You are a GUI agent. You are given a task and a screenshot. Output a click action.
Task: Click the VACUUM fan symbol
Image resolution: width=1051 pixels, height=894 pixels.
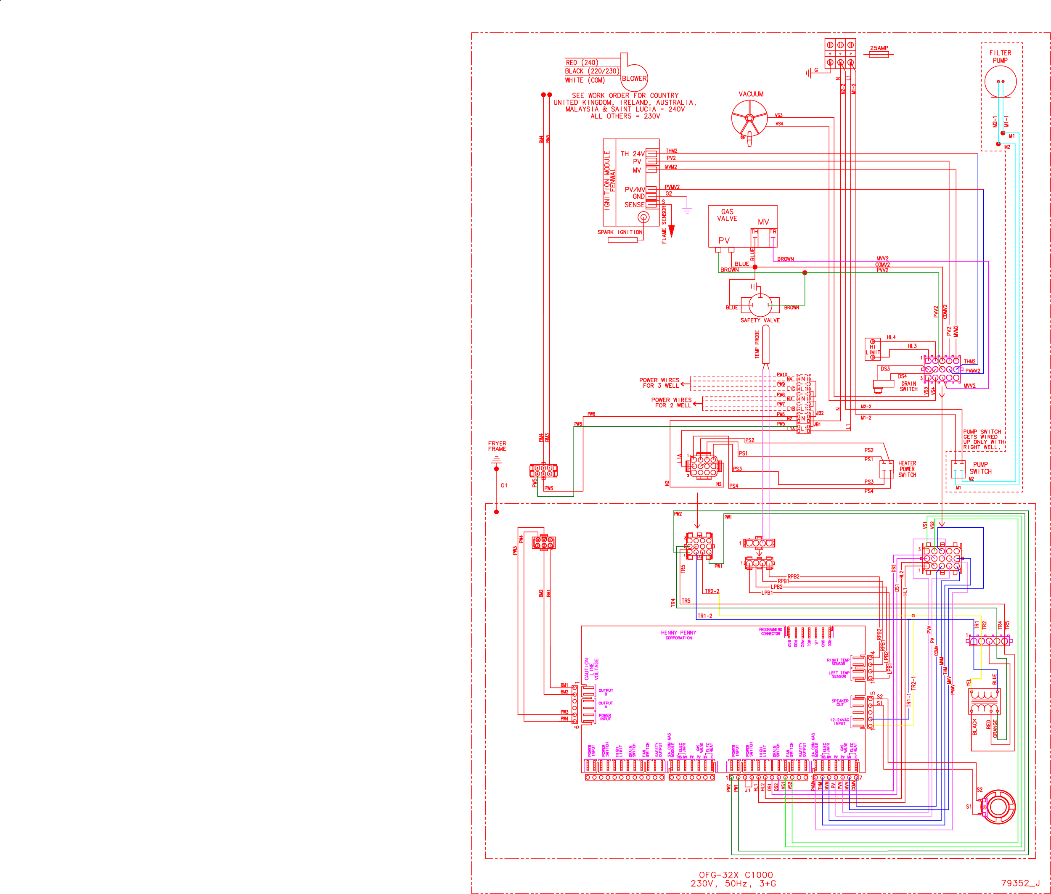pyautogui.click(x=749, y=118)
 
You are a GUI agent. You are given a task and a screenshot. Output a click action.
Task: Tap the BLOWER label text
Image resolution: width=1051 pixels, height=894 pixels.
pyautogui.click(x=634, y=79)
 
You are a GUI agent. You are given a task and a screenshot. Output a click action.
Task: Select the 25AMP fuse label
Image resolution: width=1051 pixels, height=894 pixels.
pyautogui.click(x=879, y=48)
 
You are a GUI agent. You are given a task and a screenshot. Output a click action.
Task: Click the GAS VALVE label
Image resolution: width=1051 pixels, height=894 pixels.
pyautogui.click(x=727, y=215)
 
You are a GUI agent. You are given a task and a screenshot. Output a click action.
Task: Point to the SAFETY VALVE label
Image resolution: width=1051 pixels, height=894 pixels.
pyautogui.click(x=760, y=320)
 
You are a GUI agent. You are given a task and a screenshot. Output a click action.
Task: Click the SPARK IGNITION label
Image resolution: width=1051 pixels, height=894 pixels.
pyautogui.click(x=620, y=232)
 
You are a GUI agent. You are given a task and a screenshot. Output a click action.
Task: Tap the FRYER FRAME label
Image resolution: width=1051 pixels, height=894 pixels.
pyautogui.click(x=497, y=446)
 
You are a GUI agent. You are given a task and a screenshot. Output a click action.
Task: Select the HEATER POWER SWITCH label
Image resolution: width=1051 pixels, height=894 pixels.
pyautogui.click(x=907, y=469)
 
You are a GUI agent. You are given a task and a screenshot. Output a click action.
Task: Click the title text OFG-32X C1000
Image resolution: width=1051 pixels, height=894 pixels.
pyautogui.click(x=736, y=875)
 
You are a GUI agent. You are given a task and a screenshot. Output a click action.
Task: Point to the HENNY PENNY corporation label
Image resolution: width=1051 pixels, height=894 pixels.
pyautogui.click(x=678, y=635)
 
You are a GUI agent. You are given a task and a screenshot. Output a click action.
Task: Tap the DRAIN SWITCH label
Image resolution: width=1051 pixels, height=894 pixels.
pyautogui.click(x=908, y=386)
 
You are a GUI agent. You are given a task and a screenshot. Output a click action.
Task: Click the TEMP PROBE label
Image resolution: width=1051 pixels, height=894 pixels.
pyautogui.click(x=757, y=345)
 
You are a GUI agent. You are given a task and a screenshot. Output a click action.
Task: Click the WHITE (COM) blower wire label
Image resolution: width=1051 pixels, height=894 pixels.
pyautogui.click(x=585, y=80)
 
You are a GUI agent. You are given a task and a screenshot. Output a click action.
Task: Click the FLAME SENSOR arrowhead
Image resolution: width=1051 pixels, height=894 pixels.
pyautogui.click(x=672, y=231)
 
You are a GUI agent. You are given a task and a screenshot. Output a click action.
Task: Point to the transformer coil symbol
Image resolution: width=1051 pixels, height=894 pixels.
pyautogui.click(x=984, y=702)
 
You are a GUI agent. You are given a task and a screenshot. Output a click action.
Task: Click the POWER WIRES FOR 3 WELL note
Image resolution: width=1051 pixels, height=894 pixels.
pyautogui.click(x=659, y=383)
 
